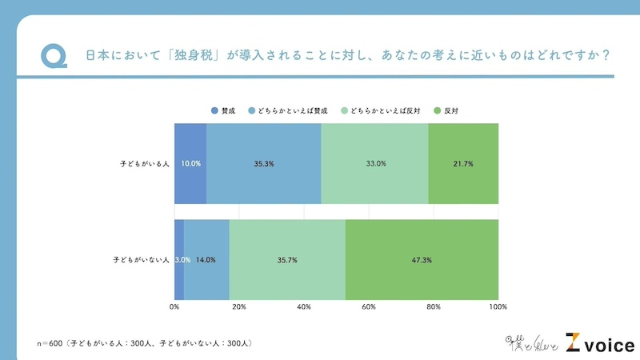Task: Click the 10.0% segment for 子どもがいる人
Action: click(x=190, y=164)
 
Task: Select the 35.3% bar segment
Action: click(x=264, y=164)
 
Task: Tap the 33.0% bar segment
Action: click(x=374, y=164)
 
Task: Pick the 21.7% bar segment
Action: click(x=463, y=164)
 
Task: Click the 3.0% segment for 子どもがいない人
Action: click(x=179, y=259)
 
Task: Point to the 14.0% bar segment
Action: click(x=206, y=259)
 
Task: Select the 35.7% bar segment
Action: click(x=287, y=259)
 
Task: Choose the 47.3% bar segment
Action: click(x=422, y=259)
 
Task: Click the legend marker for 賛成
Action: click(x=214, y=110)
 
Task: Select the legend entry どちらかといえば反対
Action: click(x=381, y=110)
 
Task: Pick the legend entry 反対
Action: click(x=448, y=110)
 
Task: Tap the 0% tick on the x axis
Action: click(x=174, y=306)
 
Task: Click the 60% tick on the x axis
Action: click(x=369, y=306)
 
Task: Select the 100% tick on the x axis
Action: click(x=498, y=306)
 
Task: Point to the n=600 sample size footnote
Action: click(x=144, y=342)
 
